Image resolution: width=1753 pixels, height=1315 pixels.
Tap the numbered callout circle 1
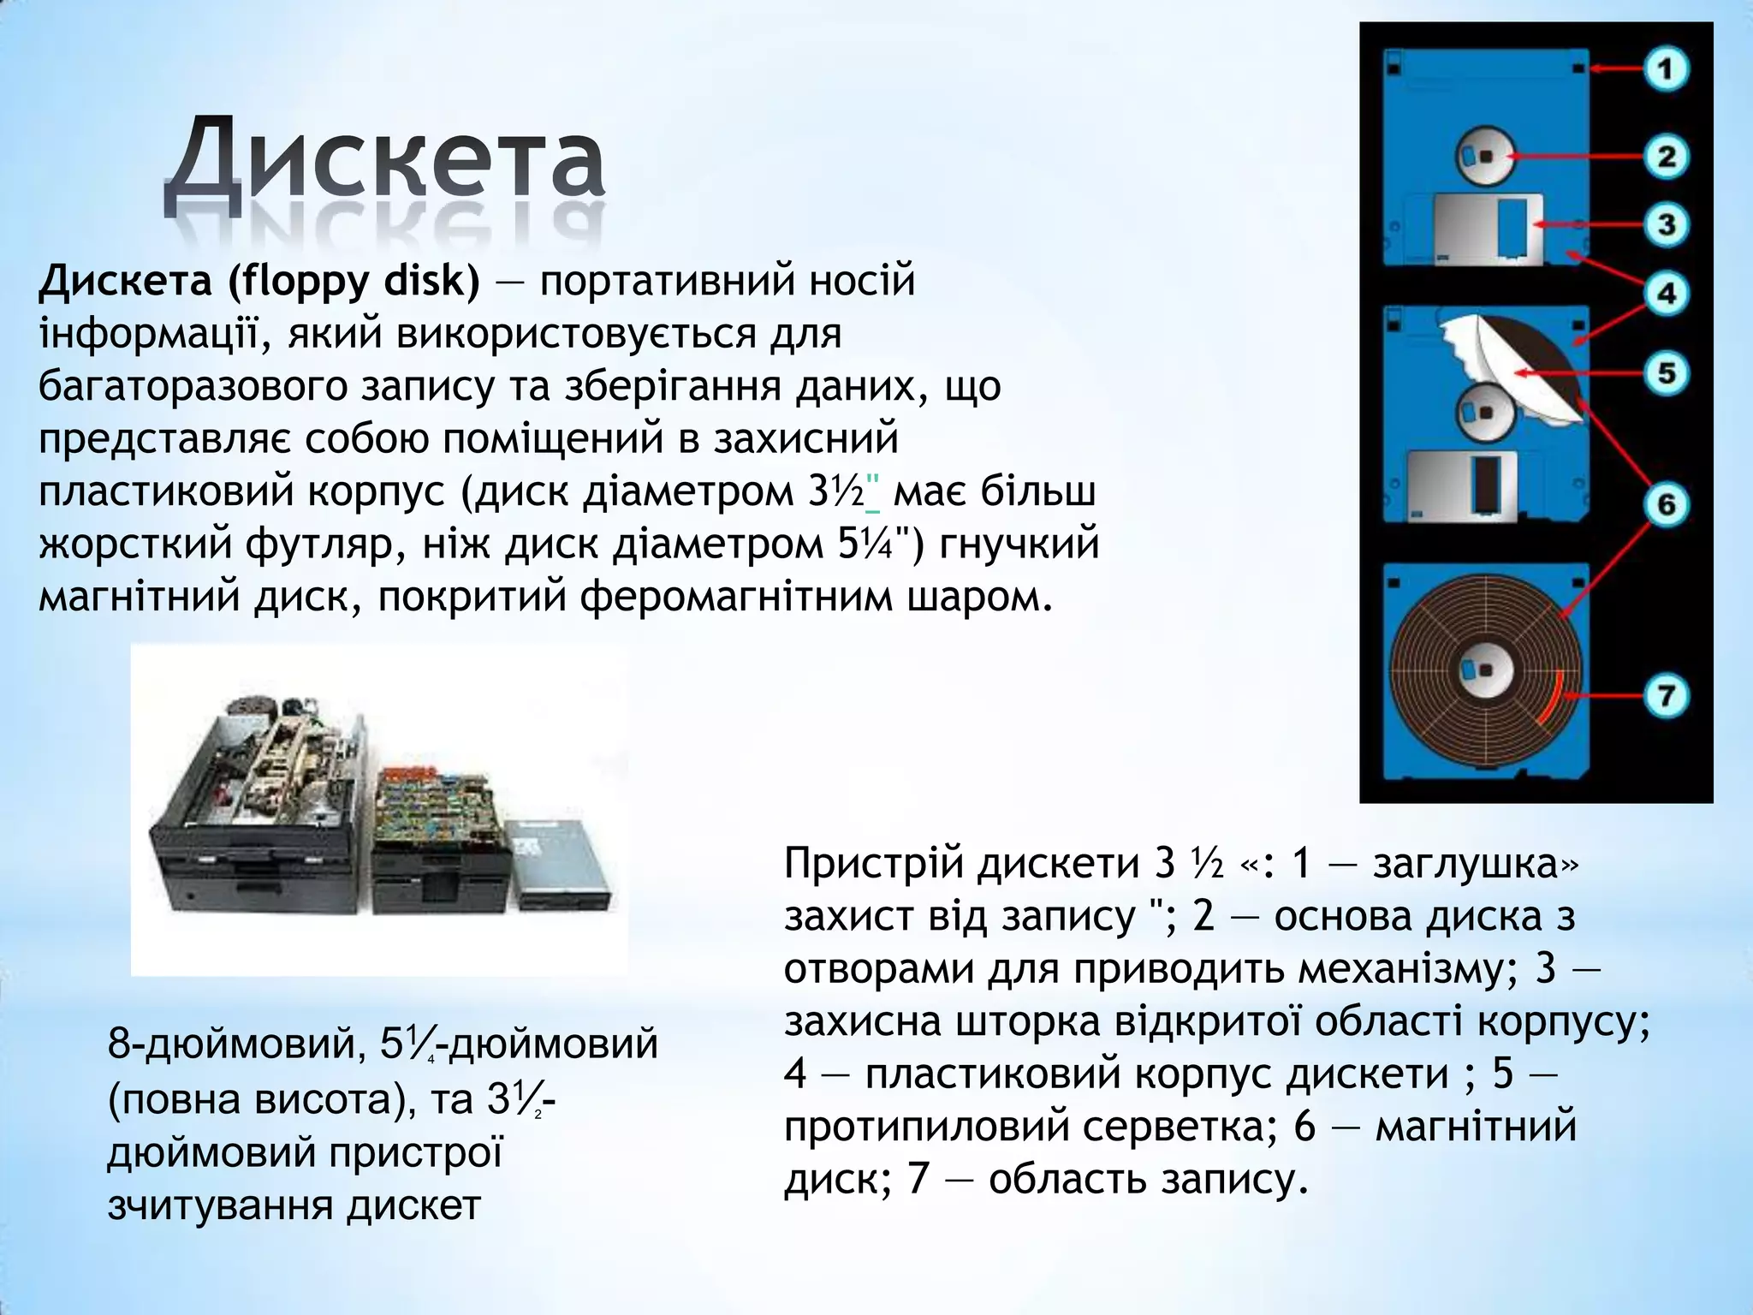pos(1666,68)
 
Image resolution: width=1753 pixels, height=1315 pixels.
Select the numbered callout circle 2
pos(1666,157)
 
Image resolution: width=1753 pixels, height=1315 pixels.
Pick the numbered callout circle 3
pos(1666,225)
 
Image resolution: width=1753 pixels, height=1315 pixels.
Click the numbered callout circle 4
pos(1666,294)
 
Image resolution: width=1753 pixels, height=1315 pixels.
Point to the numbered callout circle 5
pos(1666,373)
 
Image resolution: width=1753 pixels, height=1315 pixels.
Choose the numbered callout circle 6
pos(1666,504)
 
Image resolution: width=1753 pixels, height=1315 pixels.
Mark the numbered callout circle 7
pos(1666,695)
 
